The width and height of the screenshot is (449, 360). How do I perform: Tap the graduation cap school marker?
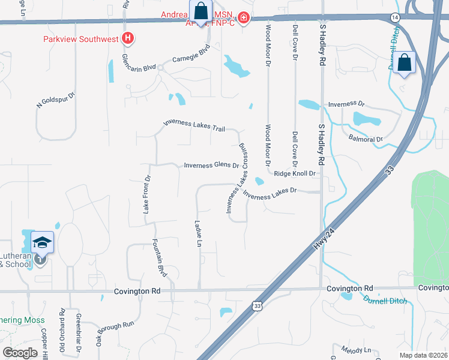point(42,243)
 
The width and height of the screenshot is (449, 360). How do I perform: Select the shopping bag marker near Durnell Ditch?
point(405,62)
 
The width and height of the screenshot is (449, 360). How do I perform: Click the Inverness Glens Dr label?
point(211,166)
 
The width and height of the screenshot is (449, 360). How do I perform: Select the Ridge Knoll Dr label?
point(295,173)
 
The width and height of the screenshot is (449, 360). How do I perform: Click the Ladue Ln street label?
point(198,233)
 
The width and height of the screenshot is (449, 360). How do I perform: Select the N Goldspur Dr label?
point(56,100)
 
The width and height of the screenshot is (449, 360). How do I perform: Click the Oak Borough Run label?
point(115,333)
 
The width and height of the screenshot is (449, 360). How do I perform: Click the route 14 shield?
point(395,17)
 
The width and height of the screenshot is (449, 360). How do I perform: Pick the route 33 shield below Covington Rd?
point(257,306)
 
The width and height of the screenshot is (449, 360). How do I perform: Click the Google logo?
point(20,353)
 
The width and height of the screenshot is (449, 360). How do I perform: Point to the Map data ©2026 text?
point(423,355)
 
